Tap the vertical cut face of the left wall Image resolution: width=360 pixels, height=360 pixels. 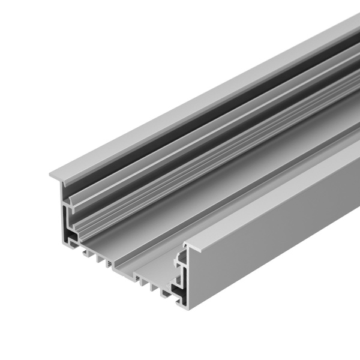coord(62,210)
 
